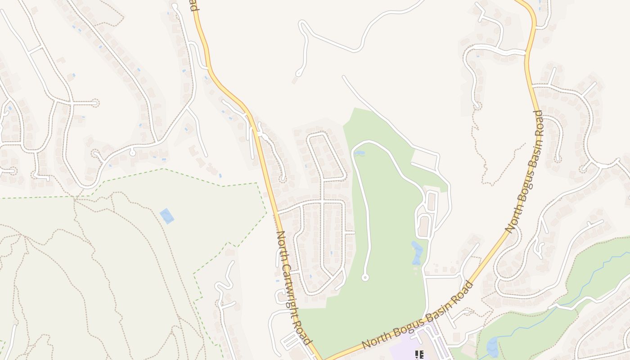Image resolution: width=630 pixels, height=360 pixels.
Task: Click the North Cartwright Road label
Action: pyautogui.click(x=293, y=288)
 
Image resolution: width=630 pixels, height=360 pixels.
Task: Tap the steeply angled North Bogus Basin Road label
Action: pyautogui.click(x=524, y=171)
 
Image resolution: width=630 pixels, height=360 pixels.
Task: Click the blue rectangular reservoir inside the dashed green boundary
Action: pyautogui.click(x=167, y=216)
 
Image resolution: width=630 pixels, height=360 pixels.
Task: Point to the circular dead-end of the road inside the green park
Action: pyautogui.click(x=365, y=278)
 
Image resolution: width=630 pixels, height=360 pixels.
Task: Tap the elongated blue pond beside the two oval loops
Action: pyautogui.click(x=417, y=252)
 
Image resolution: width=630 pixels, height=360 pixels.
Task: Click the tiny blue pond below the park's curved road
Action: pyautogui.click(x=359, y=153)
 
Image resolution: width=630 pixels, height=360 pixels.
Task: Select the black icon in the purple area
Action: pyautogui.click(x=419, y=355)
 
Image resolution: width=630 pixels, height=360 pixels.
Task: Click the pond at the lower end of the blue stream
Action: pyautogui.click(x=492, y=347)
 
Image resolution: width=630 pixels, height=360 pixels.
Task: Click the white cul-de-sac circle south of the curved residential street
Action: pyautogui.click(x=132, y=153)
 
